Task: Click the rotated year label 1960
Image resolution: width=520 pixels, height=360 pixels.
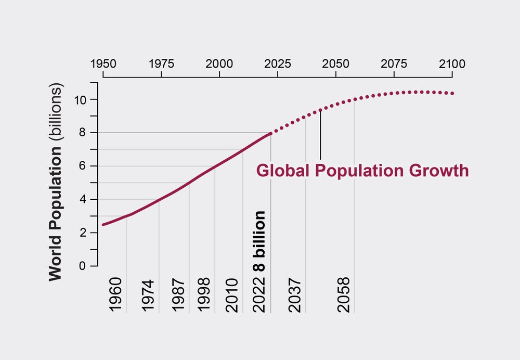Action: [116, 295]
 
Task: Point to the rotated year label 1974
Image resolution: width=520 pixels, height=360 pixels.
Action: [148, 295]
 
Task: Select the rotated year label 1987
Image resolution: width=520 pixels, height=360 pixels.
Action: [178, 295]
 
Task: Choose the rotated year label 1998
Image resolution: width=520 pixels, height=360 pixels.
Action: [204, 295]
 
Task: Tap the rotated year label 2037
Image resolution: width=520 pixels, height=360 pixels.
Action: [295, 295]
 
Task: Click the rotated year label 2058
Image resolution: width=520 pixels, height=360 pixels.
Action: [344, 295]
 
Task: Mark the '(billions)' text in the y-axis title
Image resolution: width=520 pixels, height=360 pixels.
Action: [55, 113]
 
